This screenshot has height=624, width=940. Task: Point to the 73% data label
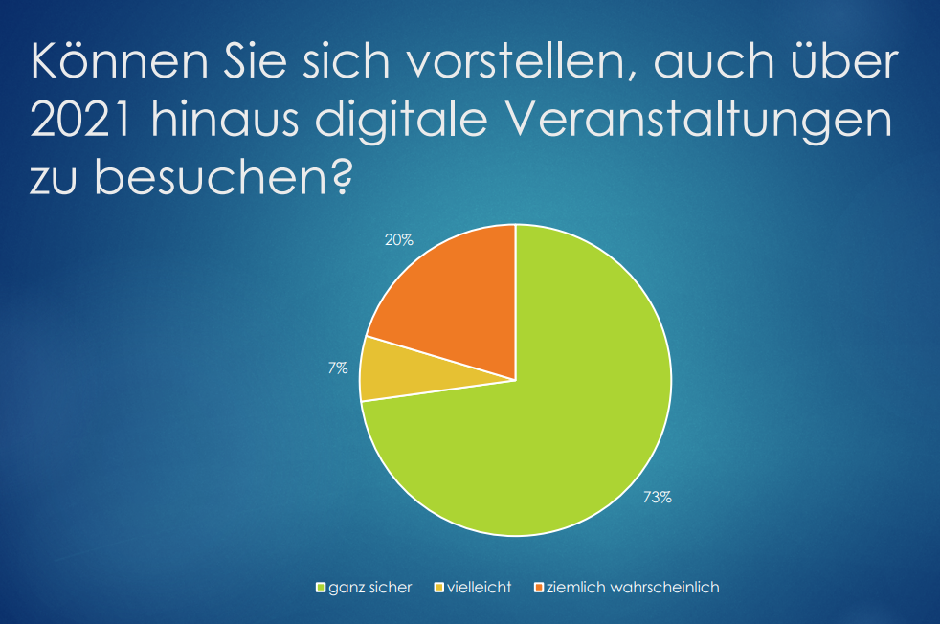click(657, 497)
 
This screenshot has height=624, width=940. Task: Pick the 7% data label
click(337, 368)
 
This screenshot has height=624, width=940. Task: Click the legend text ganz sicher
click(370, 587)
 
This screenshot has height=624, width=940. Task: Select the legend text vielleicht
click(480, 587)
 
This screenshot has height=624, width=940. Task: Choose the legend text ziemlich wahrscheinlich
click(633, 587)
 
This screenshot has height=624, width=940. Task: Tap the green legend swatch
click(322, 587)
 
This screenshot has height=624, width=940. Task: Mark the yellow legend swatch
click(440, 587)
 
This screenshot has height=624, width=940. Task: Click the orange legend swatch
click(539, 587)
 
